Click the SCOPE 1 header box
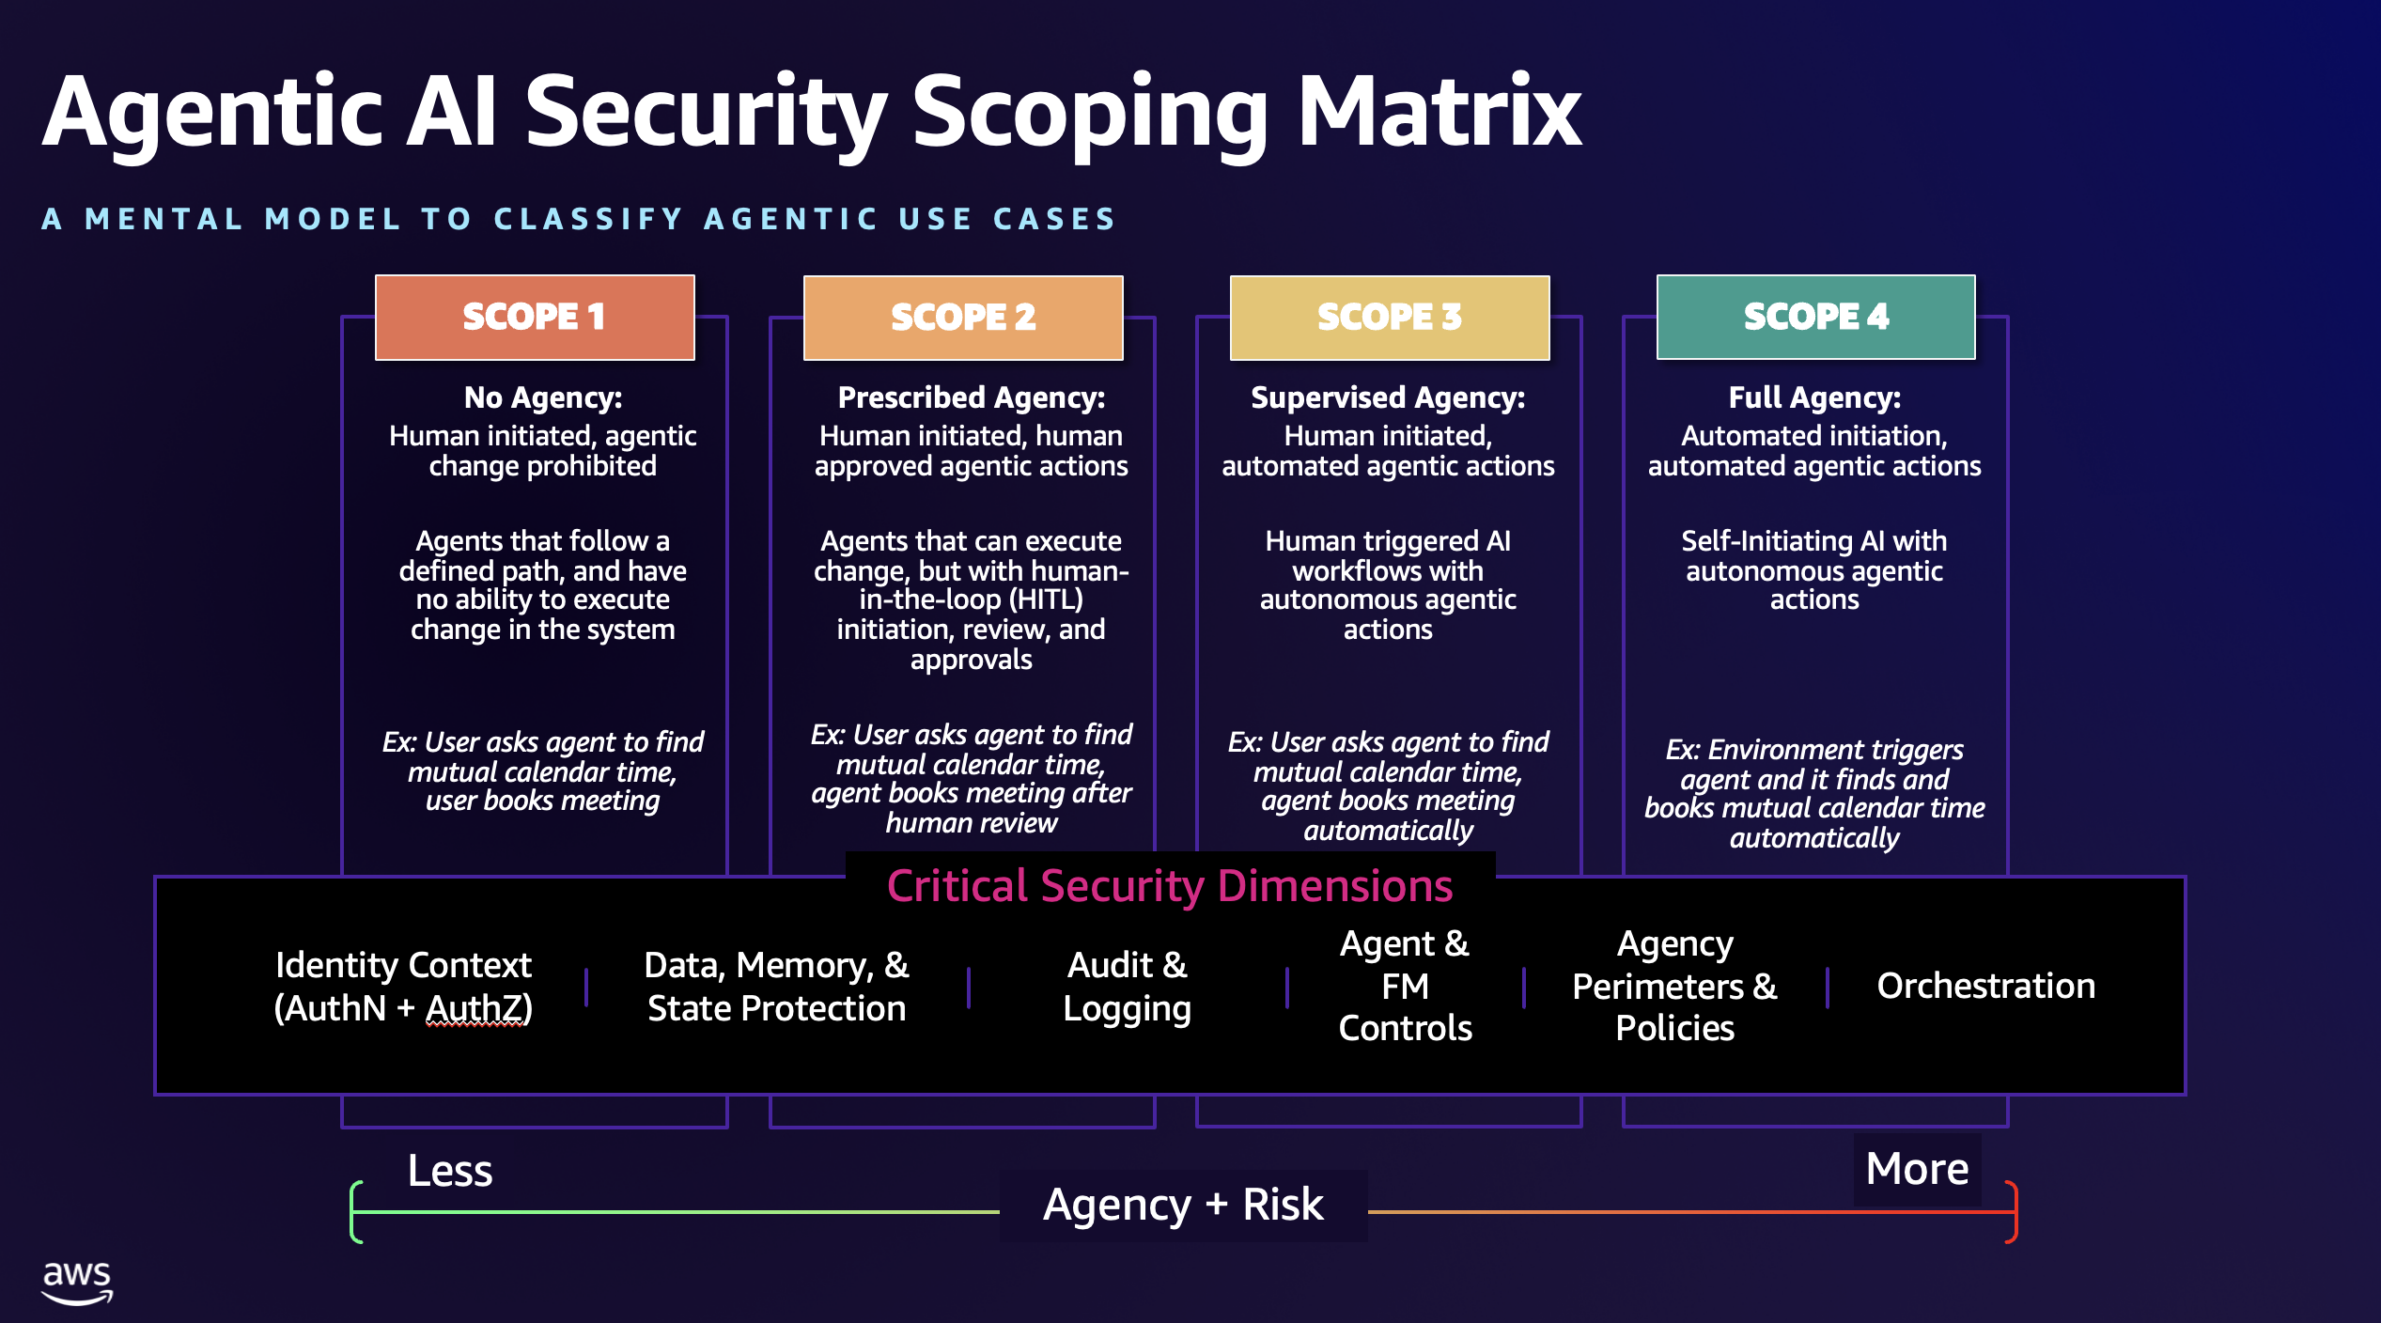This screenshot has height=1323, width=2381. pos(535,317)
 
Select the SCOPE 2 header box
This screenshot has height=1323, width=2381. pos(963,318)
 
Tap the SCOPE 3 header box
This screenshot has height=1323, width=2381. pos(1390,318)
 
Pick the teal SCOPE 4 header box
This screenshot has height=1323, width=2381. pos(1815,317)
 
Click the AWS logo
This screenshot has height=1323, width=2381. pos(77,1283)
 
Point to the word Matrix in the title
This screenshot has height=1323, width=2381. pos(1439,113)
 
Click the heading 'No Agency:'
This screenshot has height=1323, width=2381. pos(543,397)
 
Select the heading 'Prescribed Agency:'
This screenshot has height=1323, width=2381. pos(971,397)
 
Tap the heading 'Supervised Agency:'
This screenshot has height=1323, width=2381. pos(1388,397)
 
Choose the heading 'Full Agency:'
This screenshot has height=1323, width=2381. pos(1814,397)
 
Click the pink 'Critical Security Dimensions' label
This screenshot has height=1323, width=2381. pos(1170,885)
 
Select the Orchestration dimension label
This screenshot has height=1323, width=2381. pos(1985,986)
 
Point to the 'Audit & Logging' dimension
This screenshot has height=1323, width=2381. pos(1127,986)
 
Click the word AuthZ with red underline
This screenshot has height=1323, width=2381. pos(477,1008)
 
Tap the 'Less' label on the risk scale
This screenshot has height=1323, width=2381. pos(450,1171)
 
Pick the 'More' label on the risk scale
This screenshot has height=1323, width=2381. pos(1917,1169)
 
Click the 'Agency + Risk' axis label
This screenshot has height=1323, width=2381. pos(1183,1205)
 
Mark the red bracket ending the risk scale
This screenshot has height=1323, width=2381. pos(2012,1212)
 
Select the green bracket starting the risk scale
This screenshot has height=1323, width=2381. pos(356,1212)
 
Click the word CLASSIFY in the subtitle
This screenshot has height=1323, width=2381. pos(588,219)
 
